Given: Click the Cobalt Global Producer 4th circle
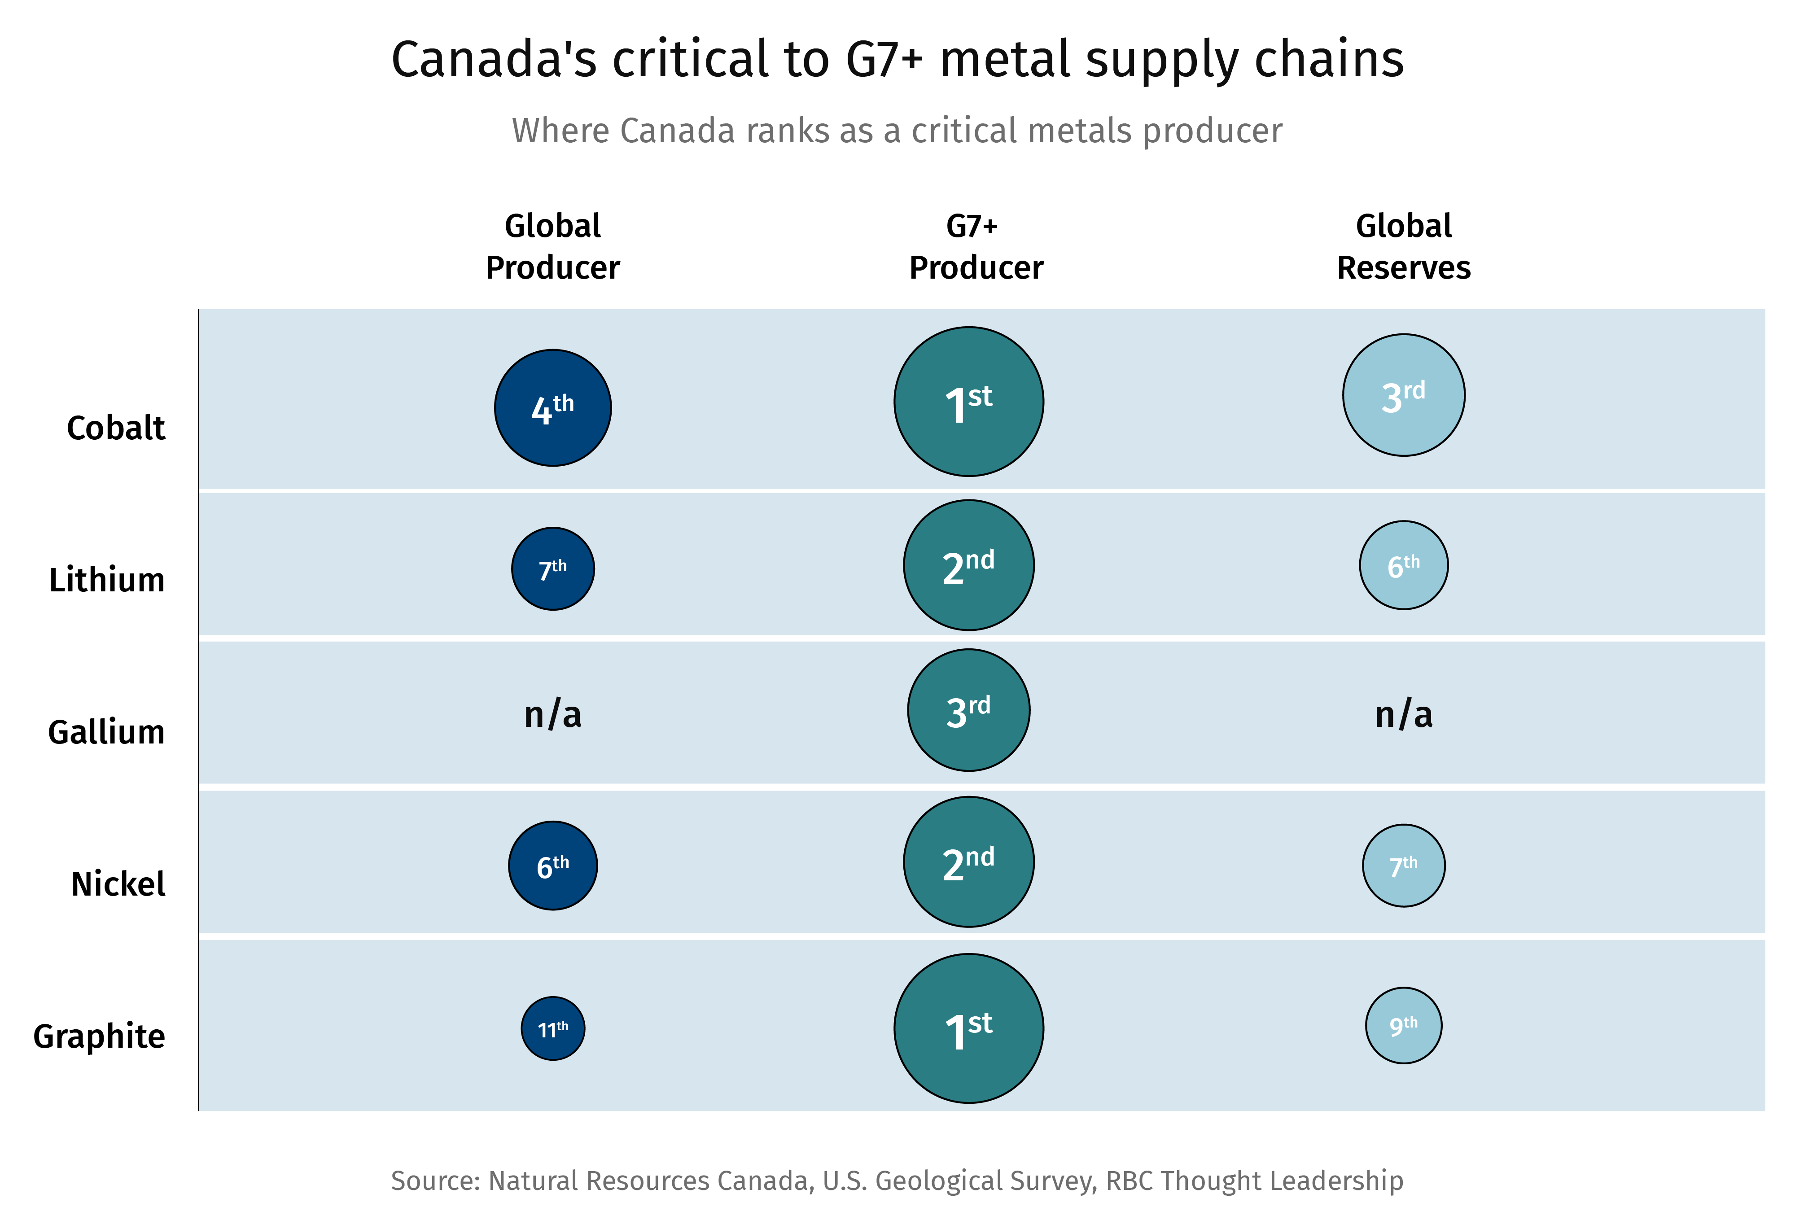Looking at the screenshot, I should [x=552, y=408].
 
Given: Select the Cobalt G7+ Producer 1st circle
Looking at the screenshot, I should [x=968, y=402].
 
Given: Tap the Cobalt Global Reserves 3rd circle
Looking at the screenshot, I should [x=1403, y=395].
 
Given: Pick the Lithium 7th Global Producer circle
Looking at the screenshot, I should [x=552, y=569].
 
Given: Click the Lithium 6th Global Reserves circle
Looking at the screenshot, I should [x=1403, y=565].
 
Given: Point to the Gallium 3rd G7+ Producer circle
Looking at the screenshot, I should [x=968, y=709].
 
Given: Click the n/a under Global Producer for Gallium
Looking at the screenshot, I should [x=552, y=714].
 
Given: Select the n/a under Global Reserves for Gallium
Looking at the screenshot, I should [x=1403, y=714].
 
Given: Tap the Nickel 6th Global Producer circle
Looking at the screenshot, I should [x=552, y=866].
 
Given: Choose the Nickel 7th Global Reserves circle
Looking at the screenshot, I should [x=1403, y=866].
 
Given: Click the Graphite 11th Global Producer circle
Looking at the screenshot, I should [x=552, y=1028].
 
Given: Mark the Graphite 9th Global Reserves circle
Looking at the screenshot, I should [x=1403, y=1025].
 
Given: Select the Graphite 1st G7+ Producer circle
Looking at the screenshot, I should [x=968, y=1028].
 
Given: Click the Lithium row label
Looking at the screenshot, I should [x=107, y=580].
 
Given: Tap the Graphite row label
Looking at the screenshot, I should [x=99, y=1036].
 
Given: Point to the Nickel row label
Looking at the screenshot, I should [x=118, y=884].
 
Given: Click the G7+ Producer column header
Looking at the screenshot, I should [x=975, y=247].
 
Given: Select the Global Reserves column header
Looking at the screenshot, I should [x=1403, y=247].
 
